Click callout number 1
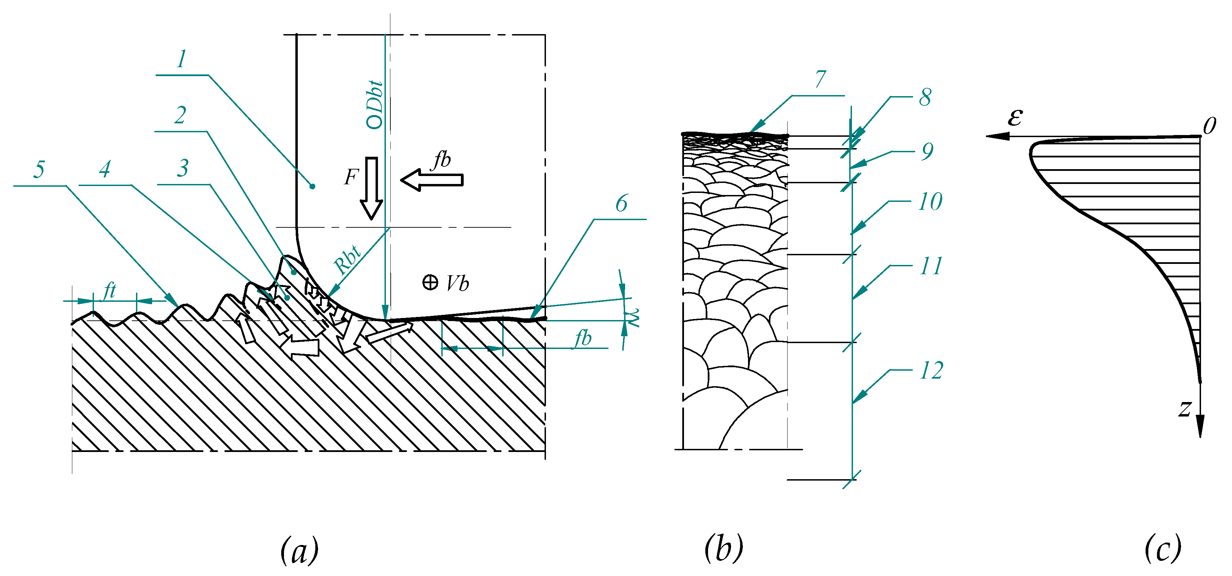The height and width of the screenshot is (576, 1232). point(181,59)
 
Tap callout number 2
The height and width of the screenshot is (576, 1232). point(180,115)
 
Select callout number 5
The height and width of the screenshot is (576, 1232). point(39,169)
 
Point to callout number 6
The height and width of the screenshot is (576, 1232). point(621,204)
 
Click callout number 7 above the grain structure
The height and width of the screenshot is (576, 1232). point(821,79)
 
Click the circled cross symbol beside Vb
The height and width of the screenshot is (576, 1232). point(430,282)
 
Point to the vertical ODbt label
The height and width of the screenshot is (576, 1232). point(375,105)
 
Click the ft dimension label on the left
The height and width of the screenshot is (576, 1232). point(109,290)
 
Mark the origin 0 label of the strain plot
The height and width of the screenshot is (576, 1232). point(1210,126)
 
